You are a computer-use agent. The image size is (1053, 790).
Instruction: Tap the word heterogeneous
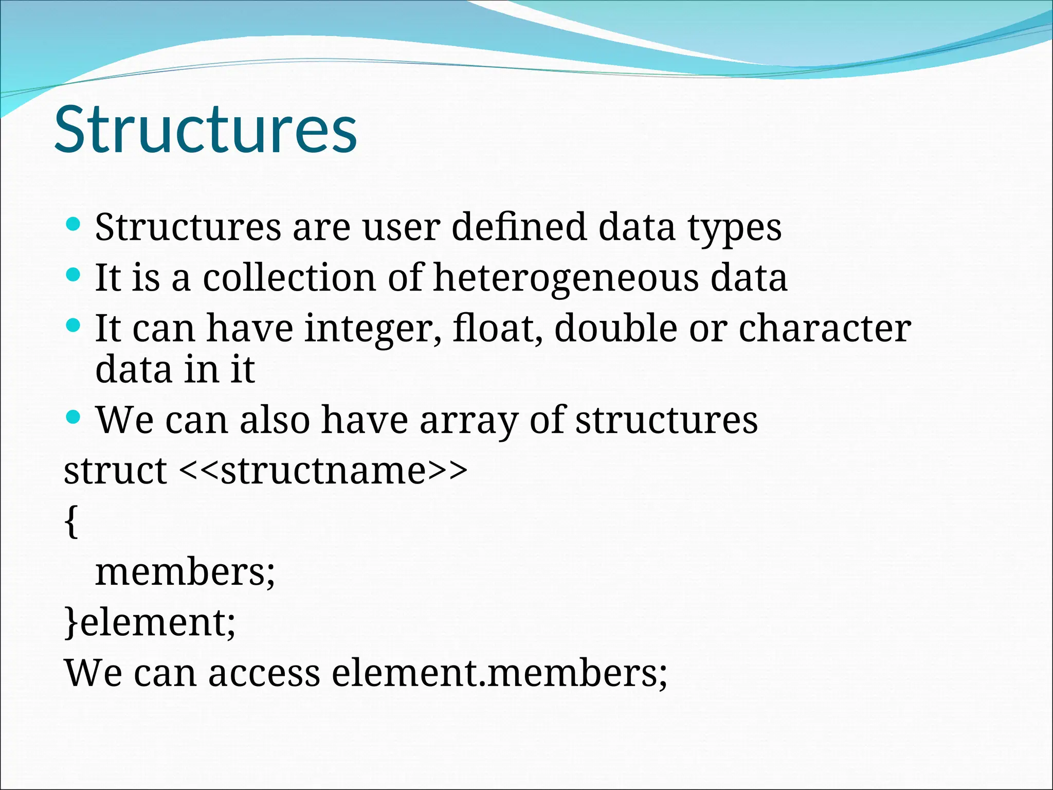tap(566, 278)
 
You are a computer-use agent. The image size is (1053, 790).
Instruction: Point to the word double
tap(615, 328)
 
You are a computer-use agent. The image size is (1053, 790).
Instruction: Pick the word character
tap(824, 328)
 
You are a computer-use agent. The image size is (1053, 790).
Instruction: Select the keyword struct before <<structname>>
tap(115, 470)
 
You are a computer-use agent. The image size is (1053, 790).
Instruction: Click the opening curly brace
tap(72, 522)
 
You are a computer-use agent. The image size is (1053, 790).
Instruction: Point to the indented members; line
tap(185, 572)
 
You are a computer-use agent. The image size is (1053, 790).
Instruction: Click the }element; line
tap(150, 622)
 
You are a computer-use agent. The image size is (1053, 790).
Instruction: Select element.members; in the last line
tap(499, 673)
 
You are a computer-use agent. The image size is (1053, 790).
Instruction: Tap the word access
tap(264, 674)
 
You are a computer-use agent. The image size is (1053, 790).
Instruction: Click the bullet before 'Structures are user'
tap(74, 224)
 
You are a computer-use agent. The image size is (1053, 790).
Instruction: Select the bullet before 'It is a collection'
tap(74, 275)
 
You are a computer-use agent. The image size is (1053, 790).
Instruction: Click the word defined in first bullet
tap(519, 227)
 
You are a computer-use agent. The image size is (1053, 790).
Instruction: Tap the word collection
tap(289, 278)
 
